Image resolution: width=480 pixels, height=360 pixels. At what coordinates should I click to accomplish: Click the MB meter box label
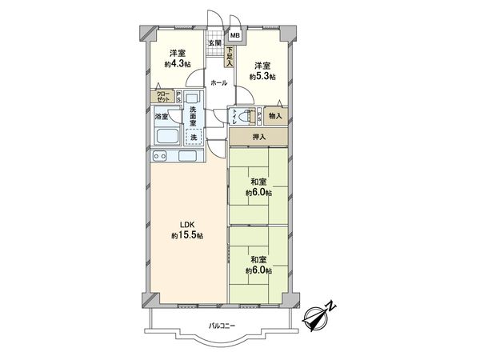[x=235, y=36]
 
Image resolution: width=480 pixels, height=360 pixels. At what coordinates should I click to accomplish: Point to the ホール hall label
[x=217, y=82]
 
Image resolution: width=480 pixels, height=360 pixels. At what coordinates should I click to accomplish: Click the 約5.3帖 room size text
[x=262, y=76]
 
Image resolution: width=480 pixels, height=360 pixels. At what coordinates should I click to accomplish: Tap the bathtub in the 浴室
[x=166, y=136]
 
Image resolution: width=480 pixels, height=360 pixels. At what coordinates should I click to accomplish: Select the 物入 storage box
[x=274, y=116]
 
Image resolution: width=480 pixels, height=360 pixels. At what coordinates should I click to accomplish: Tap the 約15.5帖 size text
[x=187, y=236]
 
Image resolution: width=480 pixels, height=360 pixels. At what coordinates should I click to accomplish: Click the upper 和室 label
[x=258, y=182]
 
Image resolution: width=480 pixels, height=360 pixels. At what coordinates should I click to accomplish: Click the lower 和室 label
[x=258, y=260]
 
